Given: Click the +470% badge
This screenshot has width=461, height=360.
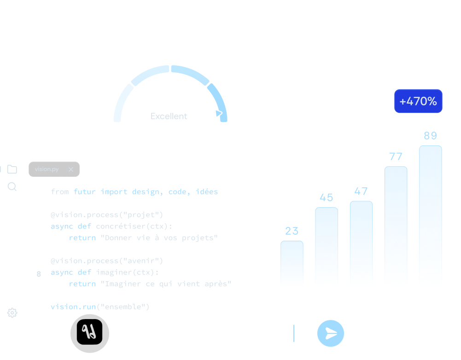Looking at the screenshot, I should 418,101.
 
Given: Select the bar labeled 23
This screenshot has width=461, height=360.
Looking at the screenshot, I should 292,262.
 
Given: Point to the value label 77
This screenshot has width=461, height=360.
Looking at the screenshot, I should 396,157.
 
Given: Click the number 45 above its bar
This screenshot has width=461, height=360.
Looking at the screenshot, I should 326,197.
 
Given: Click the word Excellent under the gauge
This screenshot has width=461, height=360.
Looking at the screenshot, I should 169,116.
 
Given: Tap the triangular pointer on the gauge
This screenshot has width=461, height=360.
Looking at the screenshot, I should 219,113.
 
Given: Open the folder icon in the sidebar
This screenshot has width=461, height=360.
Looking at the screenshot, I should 12,169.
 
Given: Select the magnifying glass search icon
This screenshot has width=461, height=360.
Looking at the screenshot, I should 12,186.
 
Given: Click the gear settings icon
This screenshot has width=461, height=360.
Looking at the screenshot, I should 12,313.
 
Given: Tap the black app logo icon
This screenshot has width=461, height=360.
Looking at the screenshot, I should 89,332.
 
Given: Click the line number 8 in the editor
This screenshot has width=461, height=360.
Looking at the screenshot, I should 39,274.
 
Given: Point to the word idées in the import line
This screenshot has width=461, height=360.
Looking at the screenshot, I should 206,192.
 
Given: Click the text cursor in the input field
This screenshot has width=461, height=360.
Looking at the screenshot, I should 294,333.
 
